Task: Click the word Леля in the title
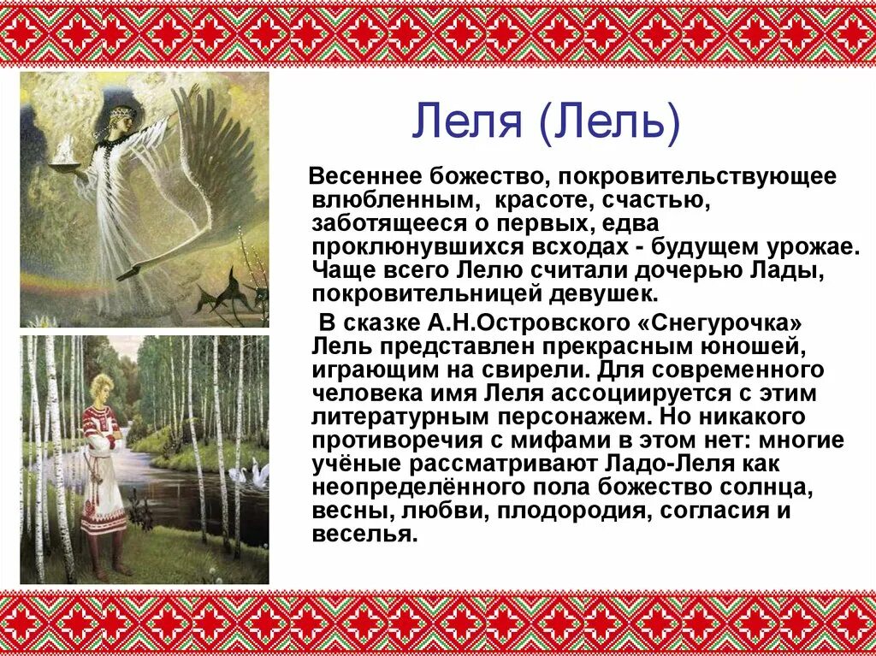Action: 467,121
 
